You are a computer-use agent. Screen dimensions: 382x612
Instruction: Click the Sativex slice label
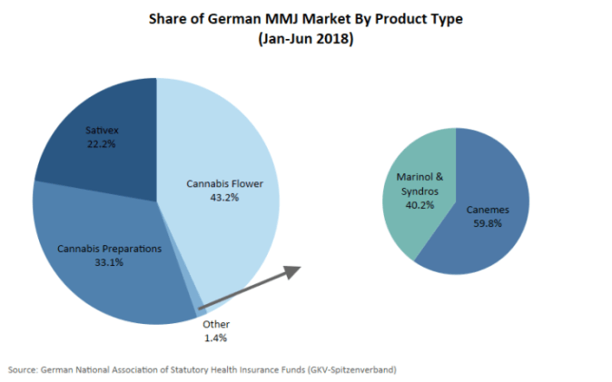pyautogui.click(x=104, y=131)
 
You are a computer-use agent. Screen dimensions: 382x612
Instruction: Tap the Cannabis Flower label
pyautogui.click(x=224, y=183)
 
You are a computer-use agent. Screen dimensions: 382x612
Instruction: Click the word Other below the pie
pyautogui.click(x=216, y=324)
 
